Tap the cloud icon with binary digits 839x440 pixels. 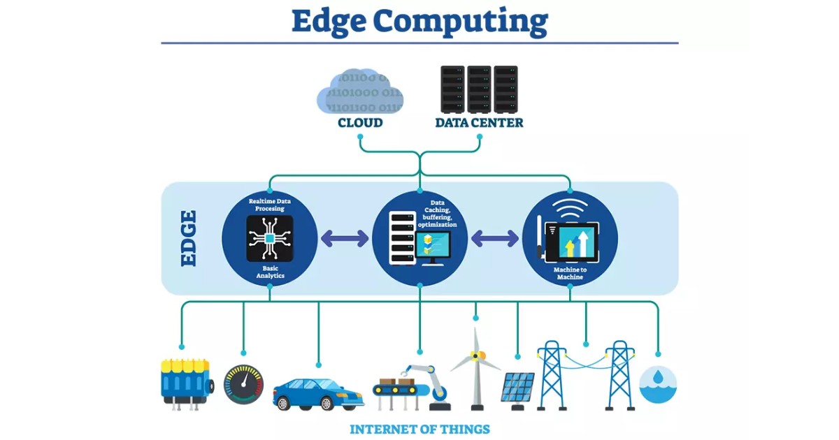360,92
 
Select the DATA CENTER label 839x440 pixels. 479,123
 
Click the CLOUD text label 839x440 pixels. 360,123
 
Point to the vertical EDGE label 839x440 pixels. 188,238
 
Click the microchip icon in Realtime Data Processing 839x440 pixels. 269,238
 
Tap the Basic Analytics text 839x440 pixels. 270,272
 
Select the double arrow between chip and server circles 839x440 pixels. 344,238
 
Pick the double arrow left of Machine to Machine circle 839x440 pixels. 495,238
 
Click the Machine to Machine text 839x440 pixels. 570,273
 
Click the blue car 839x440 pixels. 318,393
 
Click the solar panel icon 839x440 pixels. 518,387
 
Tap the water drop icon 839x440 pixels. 658,384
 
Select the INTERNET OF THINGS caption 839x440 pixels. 419,429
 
